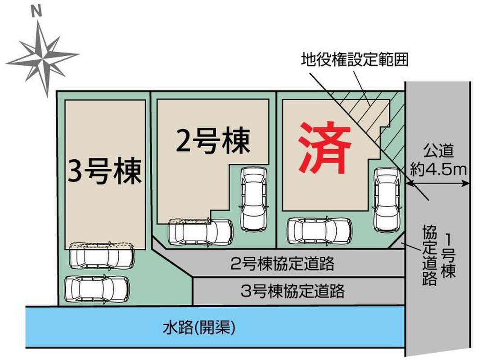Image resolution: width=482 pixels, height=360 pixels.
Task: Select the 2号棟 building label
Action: point(213,141)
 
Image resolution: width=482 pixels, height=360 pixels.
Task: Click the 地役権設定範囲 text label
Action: point(355,60)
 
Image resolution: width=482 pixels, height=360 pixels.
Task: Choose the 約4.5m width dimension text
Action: point(438,169)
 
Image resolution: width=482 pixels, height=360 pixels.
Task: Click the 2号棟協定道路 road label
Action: point(282,263)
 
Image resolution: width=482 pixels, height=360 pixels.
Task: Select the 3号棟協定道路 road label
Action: point(293,291)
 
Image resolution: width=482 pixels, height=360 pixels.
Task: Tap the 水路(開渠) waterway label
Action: point(199,328)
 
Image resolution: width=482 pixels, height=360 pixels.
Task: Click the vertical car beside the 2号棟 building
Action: point(254,199)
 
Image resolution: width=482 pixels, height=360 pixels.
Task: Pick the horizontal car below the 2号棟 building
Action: point(200,232)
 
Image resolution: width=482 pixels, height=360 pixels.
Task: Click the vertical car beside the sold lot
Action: point(387,200)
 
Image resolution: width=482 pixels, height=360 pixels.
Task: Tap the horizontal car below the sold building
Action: point(320,231)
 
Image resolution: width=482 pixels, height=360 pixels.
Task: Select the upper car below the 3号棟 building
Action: point(102,256)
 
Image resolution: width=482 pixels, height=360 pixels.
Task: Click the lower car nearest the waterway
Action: point(97,289)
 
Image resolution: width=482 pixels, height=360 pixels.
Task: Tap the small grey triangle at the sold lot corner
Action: point(398,243)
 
